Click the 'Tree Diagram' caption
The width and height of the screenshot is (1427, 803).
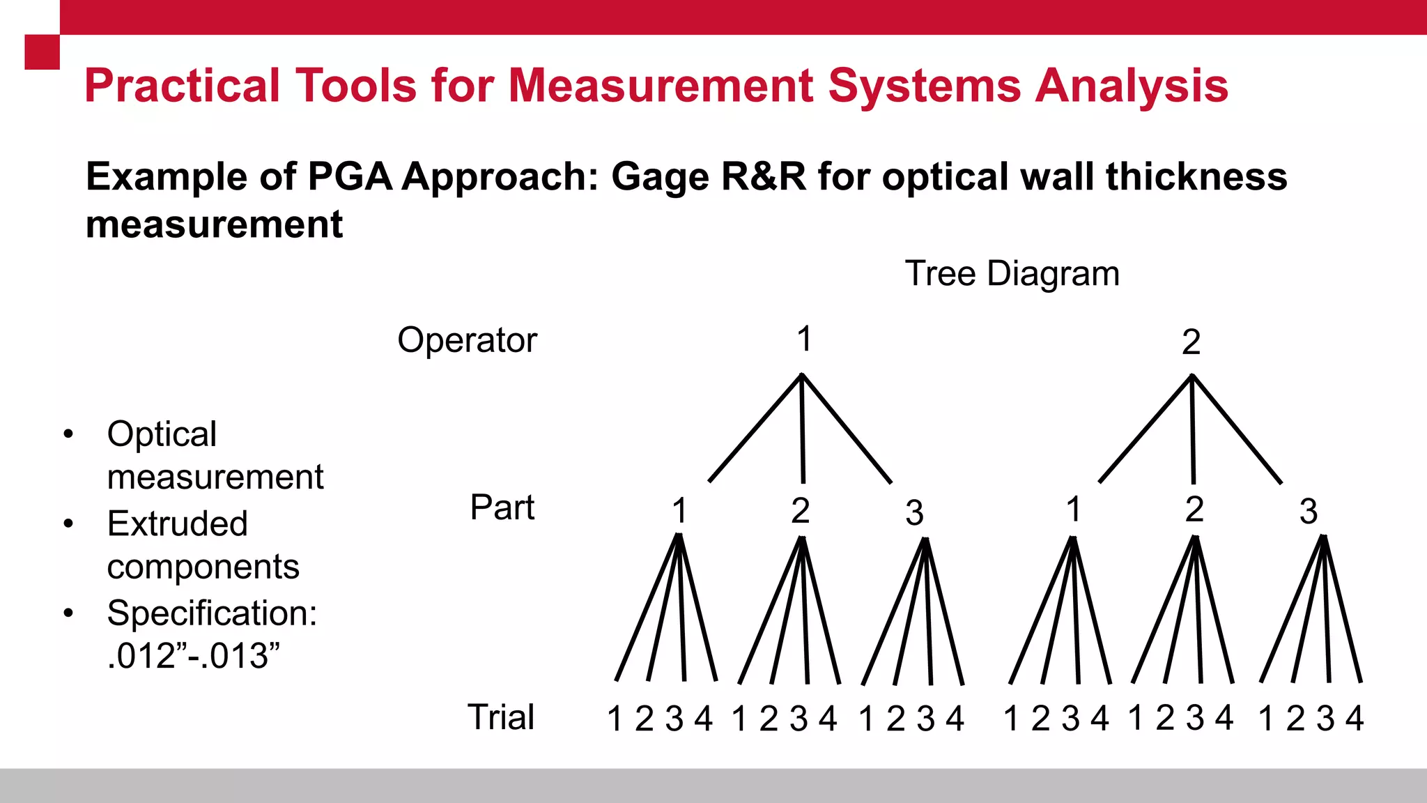[x=1012, y=274]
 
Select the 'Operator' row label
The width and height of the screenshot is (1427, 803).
[x=467, y=341]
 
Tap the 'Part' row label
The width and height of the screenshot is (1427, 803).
[x=502, y=507]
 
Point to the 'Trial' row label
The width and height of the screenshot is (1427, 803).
[x=501, y=717]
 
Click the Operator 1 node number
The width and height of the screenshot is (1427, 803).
[x=804, y=339]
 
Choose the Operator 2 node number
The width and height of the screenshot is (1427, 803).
[x=1191, y=342]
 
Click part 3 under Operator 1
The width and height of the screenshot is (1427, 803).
[x=914, y=514]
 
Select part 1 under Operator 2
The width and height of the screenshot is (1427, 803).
[x=1074, y=510]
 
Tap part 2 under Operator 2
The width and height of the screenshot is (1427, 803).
[x=1194, y=510]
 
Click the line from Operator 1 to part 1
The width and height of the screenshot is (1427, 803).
[x=755, y=428]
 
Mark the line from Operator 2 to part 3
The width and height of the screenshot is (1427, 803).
[x=1237, y=429]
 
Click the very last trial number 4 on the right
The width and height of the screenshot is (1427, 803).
[x=1354, y=719]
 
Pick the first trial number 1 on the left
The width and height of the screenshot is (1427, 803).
[x=615, y=719]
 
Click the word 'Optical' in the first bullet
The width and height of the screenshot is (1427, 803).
[x=162, y=434]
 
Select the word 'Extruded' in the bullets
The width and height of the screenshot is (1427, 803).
[x=177, y=523]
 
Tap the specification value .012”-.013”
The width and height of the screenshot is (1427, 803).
[x=193, y=657]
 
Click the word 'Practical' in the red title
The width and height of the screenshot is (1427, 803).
[x=182, y=86]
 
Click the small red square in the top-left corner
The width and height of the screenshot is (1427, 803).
[x=42, y=52]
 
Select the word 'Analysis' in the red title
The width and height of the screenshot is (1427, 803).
[x=1131, y=86]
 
